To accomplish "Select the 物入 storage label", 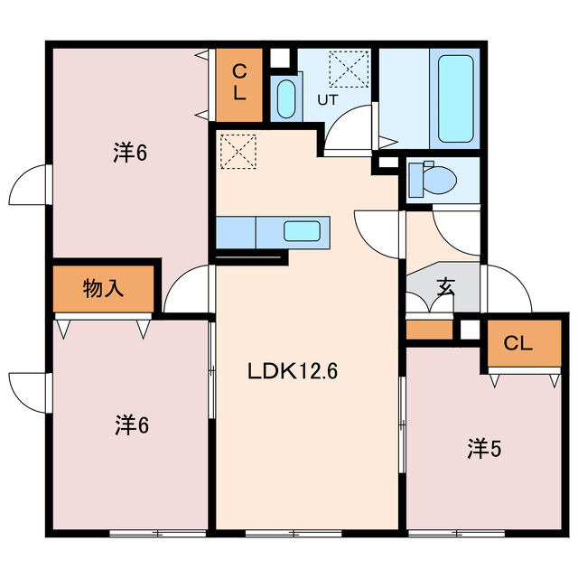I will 104,288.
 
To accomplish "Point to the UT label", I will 327,100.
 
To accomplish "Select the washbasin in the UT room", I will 285,98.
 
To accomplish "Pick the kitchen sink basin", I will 302,231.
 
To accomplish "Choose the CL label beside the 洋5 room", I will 517,343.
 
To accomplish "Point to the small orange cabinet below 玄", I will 429,331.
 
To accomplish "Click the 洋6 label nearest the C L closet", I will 130,153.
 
